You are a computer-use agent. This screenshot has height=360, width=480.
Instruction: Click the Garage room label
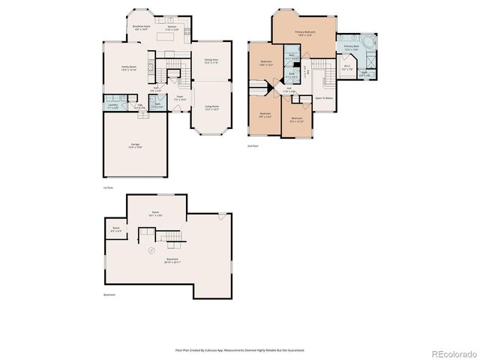[136, 146]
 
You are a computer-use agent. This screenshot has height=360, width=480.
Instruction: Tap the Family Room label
[129, 68]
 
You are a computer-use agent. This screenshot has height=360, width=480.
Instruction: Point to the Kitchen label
[172, 28]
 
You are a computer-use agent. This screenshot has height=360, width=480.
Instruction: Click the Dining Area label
[211, 61]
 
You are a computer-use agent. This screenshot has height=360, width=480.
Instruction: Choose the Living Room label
[211, 107]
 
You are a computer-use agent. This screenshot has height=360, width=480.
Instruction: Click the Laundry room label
[113, 107]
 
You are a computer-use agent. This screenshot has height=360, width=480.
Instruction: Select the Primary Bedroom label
[304, 33]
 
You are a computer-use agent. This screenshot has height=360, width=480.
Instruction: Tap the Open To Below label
[324, 98]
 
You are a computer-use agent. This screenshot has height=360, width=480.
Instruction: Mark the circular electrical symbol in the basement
[151, 249]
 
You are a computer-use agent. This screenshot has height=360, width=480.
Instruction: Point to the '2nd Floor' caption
[253, 145]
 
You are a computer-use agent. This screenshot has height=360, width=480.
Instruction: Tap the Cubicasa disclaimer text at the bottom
[239, 349]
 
